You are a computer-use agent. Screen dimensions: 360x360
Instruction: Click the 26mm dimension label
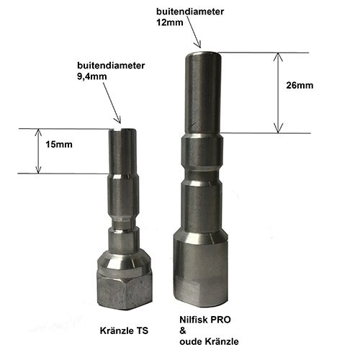pos(300,86)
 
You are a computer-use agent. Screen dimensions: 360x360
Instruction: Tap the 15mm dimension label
pos(59,145)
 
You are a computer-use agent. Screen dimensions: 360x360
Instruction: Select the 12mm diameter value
pos(170,22)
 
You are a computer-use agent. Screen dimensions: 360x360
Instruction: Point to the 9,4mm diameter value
pos(92,76)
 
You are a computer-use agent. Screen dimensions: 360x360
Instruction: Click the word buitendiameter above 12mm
pos(190,12)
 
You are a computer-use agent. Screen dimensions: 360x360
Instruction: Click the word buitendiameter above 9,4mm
pos(111,66)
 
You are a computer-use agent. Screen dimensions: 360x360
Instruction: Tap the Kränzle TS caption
pos(124,330)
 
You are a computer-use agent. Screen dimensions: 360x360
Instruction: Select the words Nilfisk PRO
pos(205,320)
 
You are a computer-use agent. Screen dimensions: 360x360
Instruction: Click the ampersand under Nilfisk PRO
pos(183,330)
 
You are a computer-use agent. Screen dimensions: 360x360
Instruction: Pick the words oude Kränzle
pos(209,341)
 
